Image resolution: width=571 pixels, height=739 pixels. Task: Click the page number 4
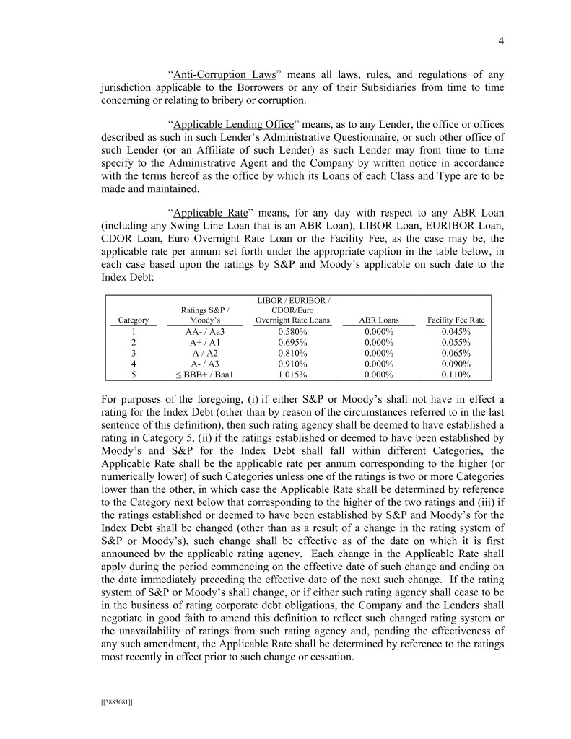pos(501,41)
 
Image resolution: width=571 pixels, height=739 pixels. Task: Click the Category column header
pos(134,320)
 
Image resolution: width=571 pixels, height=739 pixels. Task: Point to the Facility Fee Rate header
pos(456,320)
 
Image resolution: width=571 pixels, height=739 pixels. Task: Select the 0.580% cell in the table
pos(293,332)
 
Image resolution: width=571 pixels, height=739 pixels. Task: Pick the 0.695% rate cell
pos(293,343)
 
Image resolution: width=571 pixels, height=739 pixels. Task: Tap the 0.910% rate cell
pos(293,364)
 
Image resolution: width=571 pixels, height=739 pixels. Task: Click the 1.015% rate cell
pos(293,375)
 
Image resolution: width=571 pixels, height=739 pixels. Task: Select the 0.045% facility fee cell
pos(456,332)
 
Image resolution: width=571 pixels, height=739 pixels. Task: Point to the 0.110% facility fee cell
pos(456,375)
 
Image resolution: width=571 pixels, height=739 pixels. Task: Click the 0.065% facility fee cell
pos(456,354)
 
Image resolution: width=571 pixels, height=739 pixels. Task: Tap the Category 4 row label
pos(134,364)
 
